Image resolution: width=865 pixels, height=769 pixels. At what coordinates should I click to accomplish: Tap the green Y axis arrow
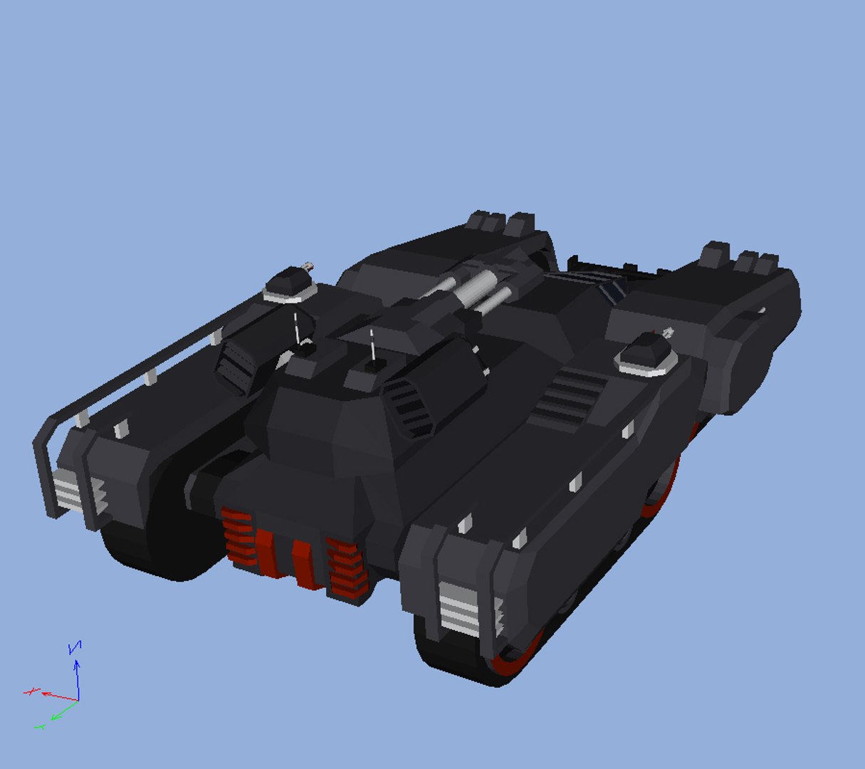tap(61, 711)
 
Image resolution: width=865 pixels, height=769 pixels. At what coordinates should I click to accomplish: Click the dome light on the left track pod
tap(290, 286)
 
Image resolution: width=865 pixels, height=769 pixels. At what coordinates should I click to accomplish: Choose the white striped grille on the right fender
tap(459, 610)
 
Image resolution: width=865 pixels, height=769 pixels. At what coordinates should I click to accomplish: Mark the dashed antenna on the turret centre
tap(372, 345)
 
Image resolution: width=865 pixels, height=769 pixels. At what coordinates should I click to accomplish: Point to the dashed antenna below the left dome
tap(296, 327)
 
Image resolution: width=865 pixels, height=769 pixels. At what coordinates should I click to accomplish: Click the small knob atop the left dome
tap(308, 266)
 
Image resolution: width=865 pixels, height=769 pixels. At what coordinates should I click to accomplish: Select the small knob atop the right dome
tap(667, 332)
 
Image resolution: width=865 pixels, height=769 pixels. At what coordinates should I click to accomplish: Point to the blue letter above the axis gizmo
tap(74, 647)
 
